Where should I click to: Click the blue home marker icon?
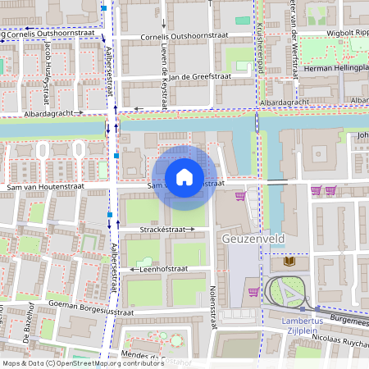(x=184, y=176)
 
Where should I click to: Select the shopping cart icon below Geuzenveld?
(x=254, y=291)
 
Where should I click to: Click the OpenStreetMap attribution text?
(x=82, y=362)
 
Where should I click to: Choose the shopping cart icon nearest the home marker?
(x=240, y=195)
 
